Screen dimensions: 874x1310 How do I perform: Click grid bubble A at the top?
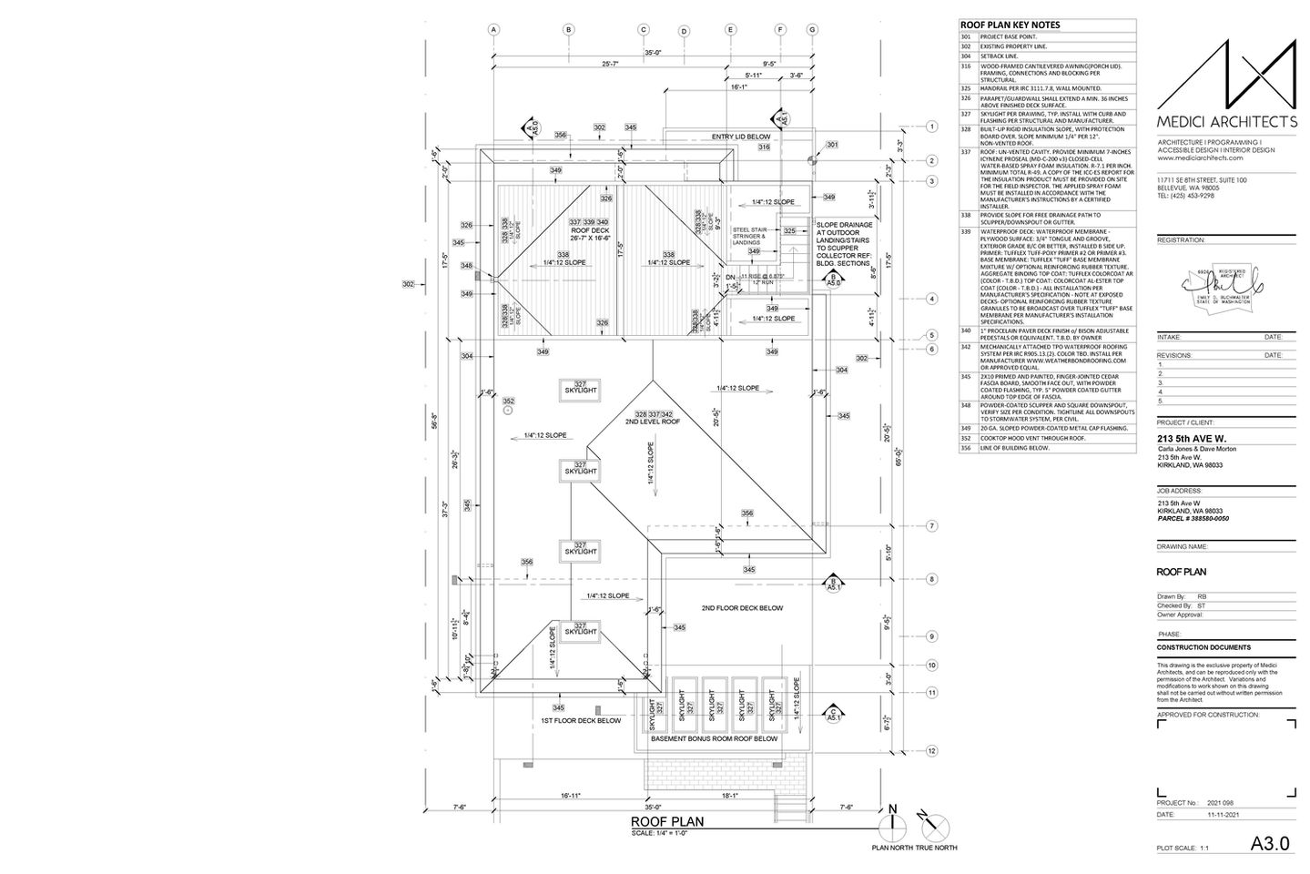pos(493,29)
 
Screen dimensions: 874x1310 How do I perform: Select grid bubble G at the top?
pos(811,29)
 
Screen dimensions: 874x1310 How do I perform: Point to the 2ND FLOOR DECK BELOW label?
pos(742,608)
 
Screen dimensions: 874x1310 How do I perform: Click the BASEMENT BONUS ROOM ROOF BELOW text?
pos(714,739)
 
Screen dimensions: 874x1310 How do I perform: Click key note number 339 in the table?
pos(966,233)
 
